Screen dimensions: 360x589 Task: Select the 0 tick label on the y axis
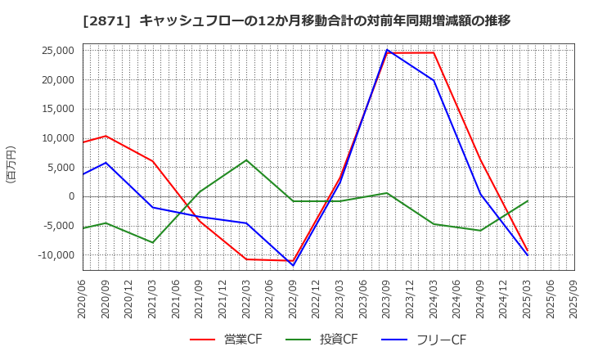pos(71,196)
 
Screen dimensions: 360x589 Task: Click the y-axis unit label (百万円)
pos(11,164)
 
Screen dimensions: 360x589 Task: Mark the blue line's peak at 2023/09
pos(387,50)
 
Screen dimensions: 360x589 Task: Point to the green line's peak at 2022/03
pos(246,160)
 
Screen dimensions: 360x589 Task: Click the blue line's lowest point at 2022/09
pos(293,265)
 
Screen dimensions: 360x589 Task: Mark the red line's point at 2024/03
pos(434,53)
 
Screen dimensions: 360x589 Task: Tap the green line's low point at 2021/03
pos(153,242)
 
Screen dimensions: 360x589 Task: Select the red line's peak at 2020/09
pos(106,136)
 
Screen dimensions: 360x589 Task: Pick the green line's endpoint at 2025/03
pos(528,200)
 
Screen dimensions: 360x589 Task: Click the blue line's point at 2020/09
pos(106,163)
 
